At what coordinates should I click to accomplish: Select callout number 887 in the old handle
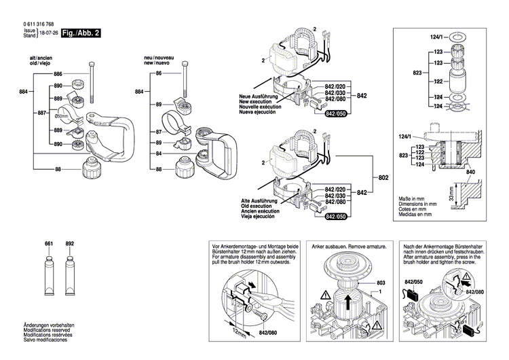click(43, 112)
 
